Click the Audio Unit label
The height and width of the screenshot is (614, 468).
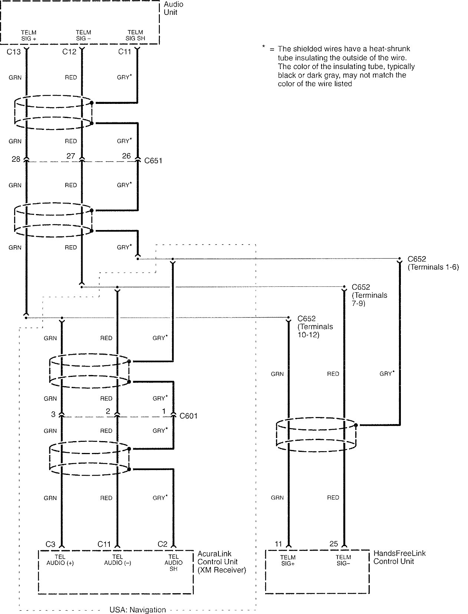click(x=173, y=9)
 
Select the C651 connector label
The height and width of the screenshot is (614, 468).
click(x=153, y=161)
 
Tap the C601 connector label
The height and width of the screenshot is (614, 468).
click(x=188, y=416)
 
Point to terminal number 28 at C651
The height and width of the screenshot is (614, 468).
click(x=16, y=159)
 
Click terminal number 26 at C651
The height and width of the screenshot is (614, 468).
click(x=126, y=156)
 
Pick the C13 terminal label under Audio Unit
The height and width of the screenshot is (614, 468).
click(x=14, y=52)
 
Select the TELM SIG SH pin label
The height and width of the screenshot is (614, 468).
click(x=135, y=36)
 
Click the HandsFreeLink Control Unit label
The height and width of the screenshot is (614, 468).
click(x=399, y=557)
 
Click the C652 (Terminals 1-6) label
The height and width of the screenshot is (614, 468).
click(x=433, y=263)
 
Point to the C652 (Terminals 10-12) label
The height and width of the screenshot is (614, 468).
click(x=315, y=326)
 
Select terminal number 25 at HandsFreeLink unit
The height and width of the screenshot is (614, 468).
click(x=333, y=544)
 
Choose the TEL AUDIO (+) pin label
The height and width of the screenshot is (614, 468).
click(x=60, y=560)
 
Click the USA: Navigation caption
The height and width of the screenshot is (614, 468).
click(x=138, y=610)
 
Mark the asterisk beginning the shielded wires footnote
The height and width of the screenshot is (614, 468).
click(x=263, y=46)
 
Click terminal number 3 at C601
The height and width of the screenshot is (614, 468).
click(x=53, y=414)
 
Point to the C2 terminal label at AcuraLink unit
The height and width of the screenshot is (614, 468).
click(x=162, y=544)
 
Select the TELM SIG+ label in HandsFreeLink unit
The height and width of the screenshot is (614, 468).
click(x=288, y=560)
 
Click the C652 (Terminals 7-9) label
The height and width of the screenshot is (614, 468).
click(x=369, y=295)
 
